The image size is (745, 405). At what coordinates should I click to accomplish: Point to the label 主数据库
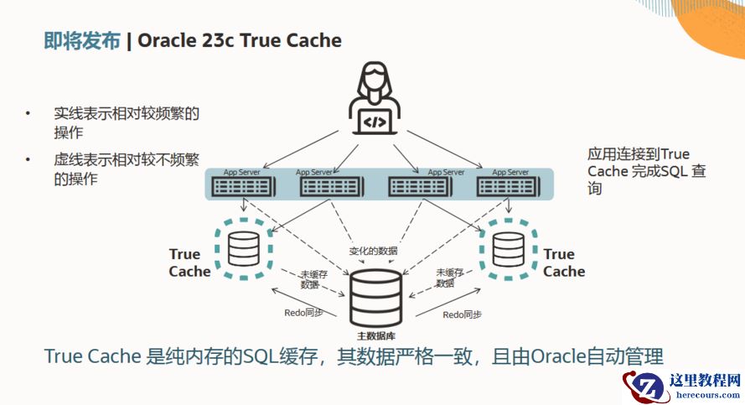point(376,336)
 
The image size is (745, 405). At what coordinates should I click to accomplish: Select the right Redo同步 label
point(463,314)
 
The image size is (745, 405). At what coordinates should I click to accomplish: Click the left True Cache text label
point(189,262)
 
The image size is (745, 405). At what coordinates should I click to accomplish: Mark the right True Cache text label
point(563,262)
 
